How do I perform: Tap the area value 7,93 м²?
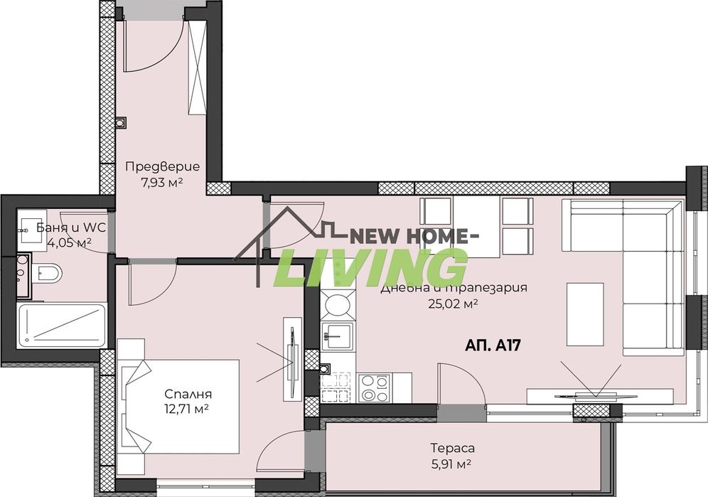click(x=162, y=182)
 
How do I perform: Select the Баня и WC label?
click(x=63, y=228)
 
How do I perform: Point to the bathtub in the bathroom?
click(x=61, y=324)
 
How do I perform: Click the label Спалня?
click(x=188, y=394)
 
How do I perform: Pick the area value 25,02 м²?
click(x=453, y=304)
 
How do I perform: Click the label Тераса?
click(x=452, y=448)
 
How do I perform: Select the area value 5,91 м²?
click(x=452, y=464)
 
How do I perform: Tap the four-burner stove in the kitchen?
click(x=373, y=387)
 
